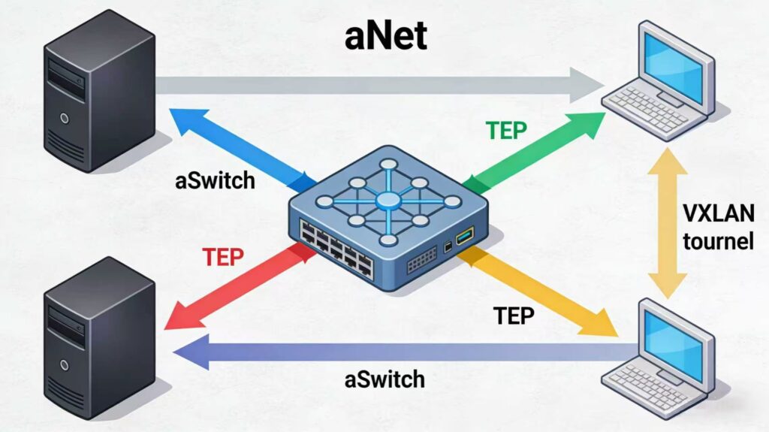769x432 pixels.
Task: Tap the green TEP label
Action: tap(506, 130)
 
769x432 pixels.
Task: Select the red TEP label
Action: tap(223, 257)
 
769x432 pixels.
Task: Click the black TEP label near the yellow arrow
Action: tap(514, 316)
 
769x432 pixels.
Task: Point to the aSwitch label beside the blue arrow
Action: tap(214, 181)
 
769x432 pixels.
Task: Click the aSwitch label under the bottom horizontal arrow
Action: tap(384, 379)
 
